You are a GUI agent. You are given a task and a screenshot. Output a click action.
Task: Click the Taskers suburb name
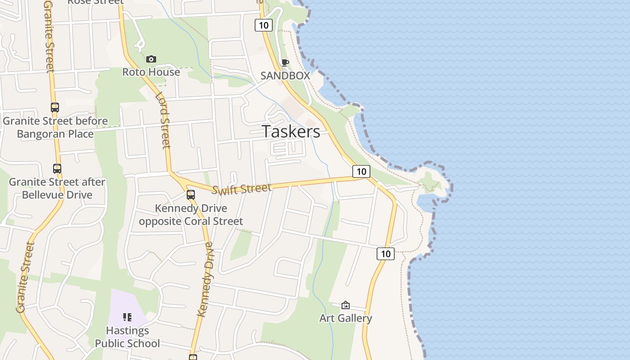coord(291,131)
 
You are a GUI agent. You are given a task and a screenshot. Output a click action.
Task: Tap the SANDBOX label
coord(285,76)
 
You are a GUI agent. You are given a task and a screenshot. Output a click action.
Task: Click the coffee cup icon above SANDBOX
coord(285,63)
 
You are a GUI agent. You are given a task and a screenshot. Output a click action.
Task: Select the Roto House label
coord(151,72)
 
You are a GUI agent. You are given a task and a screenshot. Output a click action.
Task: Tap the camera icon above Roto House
coord(151,59)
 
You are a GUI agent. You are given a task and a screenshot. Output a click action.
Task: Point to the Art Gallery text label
coord(346,318)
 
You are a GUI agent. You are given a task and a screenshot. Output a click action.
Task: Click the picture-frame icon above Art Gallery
coord(345,305)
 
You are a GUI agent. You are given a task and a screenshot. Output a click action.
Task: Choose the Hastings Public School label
coord(127,337)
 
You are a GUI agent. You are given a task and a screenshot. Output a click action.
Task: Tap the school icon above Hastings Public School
coord(127,317)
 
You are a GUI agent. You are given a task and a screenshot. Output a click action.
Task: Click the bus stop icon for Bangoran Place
coord(55,108)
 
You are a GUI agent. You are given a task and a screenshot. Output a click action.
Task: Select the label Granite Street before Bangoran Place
coord(55,127)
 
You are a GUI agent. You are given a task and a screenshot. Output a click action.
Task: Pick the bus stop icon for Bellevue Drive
coord(57,169)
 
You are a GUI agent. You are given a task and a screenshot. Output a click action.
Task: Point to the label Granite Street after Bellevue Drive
coord(57,189)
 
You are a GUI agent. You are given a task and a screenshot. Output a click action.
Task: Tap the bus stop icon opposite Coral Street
coord(191,195)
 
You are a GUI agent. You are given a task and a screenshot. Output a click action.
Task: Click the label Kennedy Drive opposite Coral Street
coord(191,215)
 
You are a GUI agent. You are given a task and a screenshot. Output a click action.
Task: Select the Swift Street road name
coord(242,189)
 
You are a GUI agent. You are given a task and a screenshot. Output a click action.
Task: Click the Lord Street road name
coord(163,120)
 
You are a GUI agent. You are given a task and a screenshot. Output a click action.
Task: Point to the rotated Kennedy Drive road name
coord(205,279)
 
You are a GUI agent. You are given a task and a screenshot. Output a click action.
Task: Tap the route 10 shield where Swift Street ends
coord(361,171)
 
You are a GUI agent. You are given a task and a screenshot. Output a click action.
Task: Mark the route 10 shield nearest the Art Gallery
coord(386,254)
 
